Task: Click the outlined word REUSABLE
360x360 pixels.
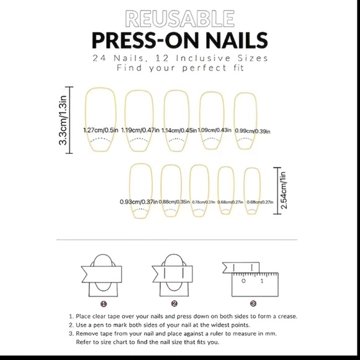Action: pyautogui.click(x=179, y=19)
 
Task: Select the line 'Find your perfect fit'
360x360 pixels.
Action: pyautogui.click(x=179, y=68)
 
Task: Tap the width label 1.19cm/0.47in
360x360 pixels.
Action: pyautogui.click(x=138, y=130)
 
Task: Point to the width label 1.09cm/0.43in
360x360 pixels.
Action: pyautogui.click(x=214, y=130)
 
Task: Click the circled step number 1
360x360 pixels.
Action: pyautogui.click(x=104, y=304)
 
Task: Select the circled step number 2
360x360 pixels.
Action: pyautogui.click(x=174, y=304)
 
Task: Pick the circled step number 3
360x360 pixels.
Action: pyautogui.click(x=253, y=304)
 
